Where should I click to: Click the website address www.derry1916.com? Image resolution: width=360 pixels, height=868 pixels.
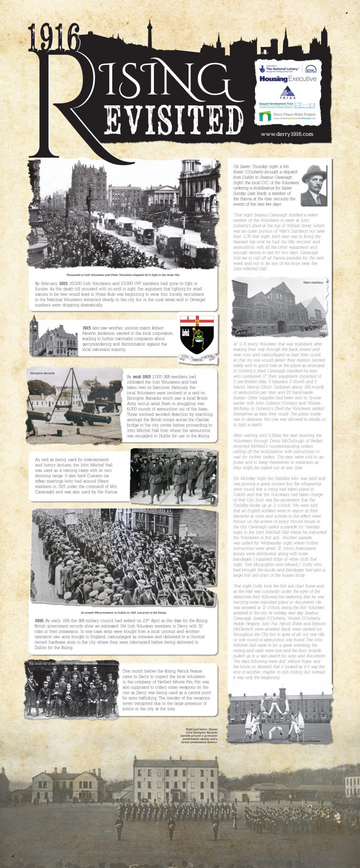[287, 134]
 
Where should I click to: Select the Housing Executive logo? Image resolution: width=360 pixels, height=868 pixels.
[288, 79]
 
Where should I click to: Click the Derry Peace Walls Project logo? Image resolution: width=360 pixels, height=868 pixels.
[288, 116]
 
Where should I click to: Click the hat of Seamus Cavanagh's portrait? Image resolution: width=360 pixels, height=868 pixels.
[314, 172]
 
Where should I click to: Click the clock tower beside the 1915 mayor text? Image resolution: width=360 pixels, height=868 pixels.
[34, 332]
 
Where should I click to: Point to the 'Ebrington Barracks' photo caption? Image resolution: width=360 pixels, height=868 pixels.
[42, 373]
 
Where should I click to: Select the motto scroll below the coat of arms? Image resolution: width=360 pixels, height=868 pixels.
[197, 358]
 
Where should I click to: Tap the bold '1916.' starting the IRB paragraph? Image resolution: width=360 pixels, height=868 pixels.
[39, 621]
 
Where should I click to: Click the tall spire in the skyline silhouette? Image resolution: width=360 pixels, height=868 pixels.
[149, 36]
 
